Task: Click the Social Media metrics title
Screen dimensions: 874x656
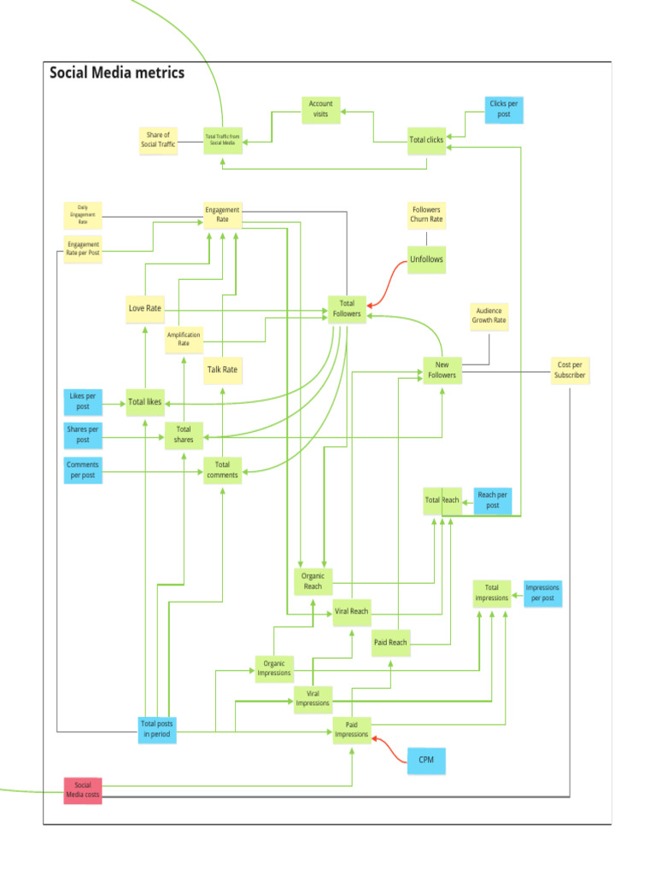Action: click(117, 73)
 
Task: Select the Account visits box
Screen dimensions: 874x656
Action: click(320, 109)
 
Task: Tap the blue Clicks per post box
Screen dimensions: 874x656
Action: click(503, 109)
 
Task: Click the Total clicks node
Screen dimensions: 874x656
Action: click(426, 140)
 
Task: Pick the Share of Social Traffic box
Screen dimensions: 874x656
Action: click(158, 140)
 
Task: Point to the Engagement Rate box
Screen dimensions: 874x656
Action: click(222, 215)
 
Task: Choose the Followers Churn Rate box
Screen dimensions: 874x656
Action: click(426, 214)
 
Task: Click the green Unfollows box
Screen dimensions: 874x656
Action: click(426, 259)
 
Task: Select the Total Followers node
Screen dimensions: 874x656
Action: click(347, 308)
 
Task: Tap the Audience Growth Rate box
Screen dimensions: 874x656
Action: click(489, 316)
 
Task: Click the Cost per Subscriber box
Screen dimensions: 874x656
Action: click(570, 370)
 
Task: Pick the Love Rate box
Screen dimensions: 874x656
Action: click(144, 308)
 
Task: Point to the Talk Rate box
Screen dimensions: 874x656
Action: click(222, 370)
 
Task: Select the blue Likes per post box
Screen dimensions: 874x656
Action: click(83, 401)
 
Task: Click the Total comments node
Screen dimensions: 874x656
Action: click(222, 469)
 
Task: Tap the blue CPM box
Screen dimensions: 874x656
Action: click(426, 760)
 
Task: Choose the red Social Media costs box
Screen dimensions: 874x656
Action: click(83, 790)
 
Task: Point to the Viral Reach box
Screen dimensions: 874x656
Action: click(352, 611)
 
